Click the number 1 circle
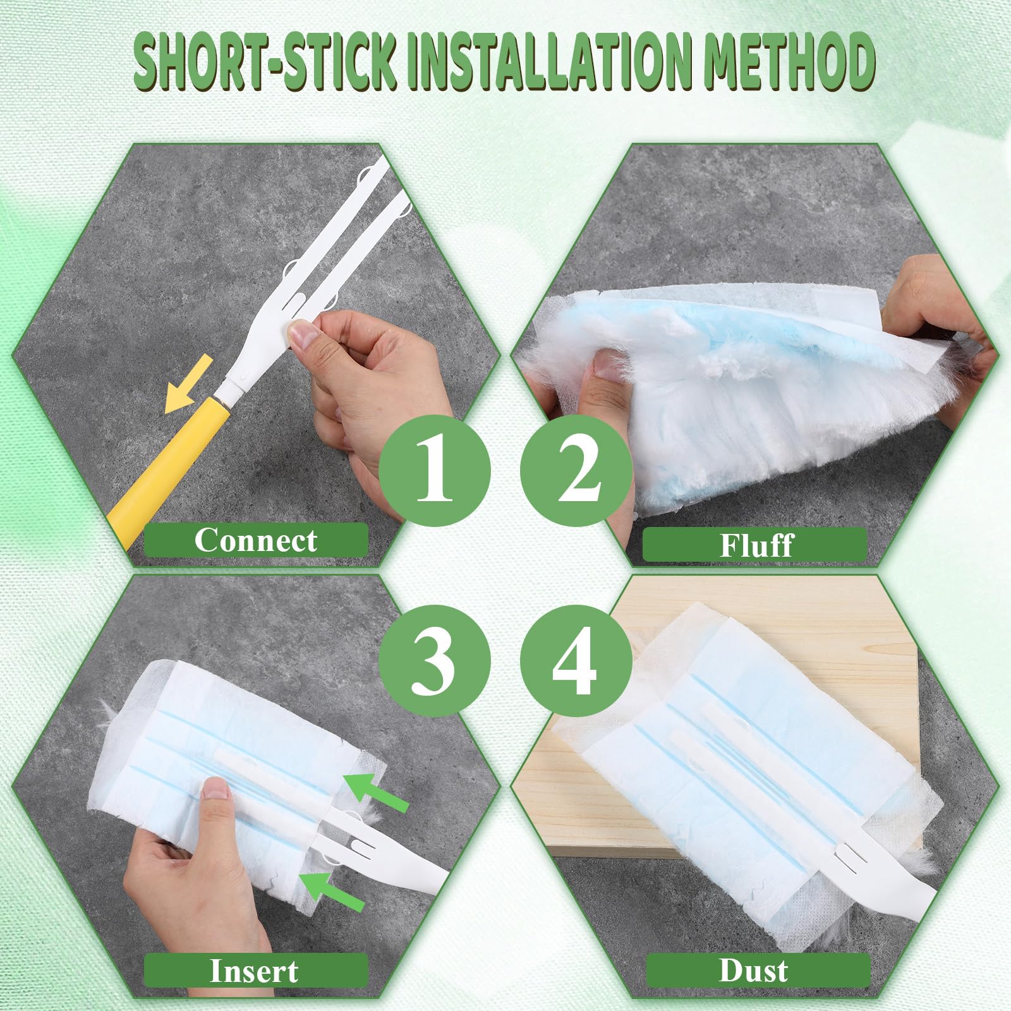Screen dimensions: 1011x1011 coord(435,471)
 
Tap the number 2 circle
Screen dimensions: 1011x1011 coord(576,471)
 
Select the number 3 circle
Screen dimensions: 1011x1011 coord(435,660)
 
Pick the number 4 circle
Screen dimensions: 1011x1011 coord(576,660)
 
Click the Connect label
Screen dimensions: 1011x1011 coord(256,540)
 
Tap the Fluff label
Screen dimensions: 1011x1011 coord(755,545)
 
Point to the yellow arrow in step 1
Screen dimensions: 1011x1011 coord(188,384)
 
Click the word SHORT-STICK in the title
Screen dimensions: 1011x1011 coord(265,63)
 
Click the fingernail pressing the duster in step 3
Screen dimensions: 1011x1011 coord(216,789)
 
